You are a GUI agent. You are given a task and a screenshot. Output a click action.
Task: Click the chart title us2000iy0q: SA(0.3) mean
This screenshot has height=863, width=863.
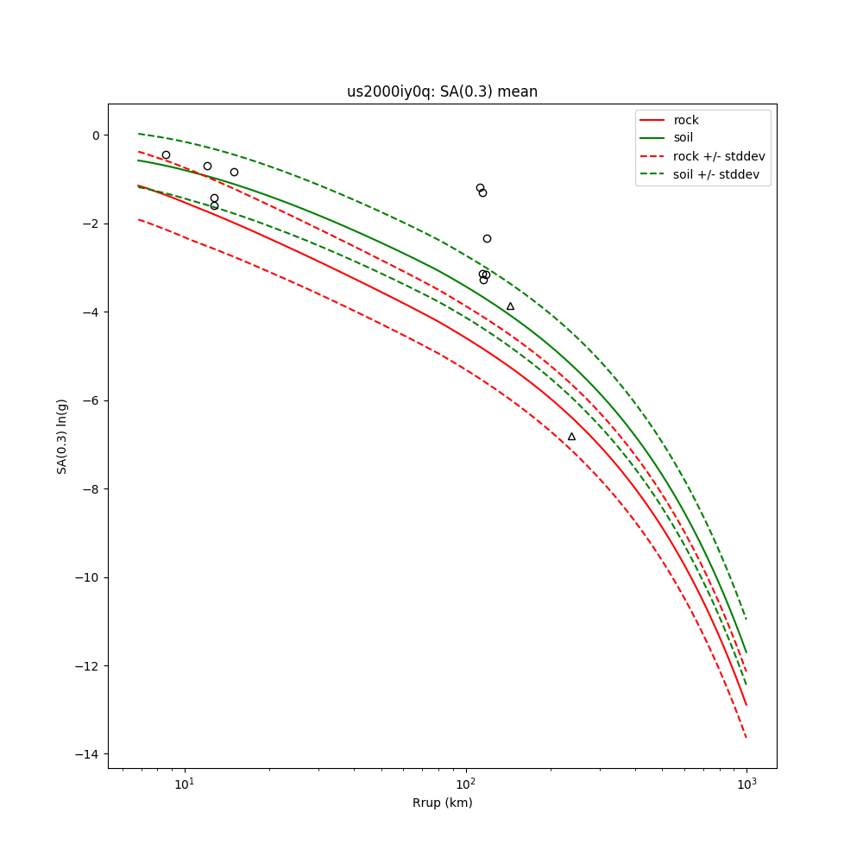[442, 91]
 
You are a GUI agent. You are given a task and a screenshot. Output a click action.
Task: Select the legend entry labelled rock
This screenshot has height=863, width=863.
[686, 120]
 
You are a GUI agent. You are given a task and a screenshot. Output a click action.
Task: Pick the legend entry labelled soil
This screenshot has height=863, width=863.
[683, 138]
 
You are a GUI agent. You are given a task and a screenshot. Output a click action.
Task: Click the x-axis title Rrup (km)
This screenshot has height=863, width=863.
[442, 803]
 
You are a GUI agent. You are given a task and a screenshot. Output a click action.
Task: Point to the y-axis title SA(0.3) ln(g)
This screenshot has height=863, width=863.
[62, 436]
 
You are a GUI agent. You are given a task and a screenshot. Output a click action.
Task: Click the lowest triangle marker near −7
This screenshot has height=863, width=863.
[571, 437]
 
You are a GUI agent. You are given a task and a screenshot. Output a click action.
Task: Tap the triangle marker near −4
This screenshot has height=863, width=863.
[510, 306]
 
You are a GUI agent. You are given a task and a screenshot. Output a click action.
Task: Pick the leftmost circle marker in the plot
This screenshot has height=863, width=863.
[166, 155]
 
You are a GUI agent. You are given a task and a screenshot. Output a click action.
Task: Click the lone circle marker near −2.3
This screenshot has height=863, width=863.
[487, 238]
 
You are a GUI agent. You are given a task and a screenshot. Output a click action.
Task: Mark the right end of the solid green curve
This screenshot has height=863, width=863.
[746, 652]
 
